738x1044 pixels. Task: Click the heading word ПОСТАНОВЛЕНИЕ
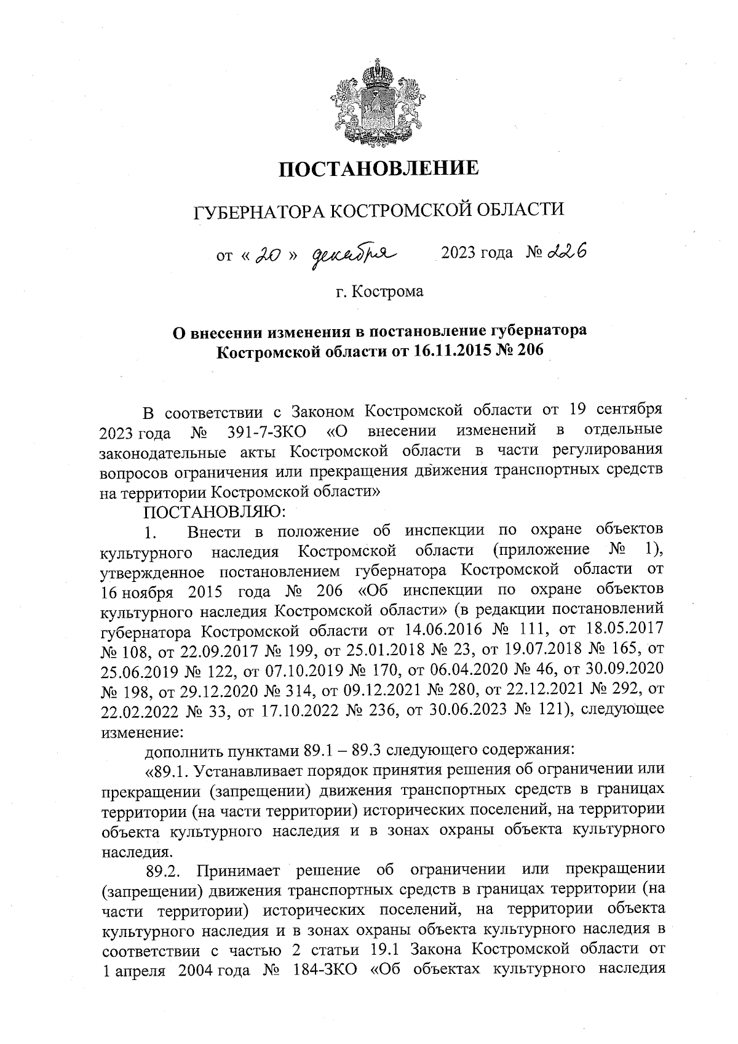pos(379,168)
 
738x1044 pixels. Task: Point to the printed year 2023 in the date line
pos(458,253)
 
